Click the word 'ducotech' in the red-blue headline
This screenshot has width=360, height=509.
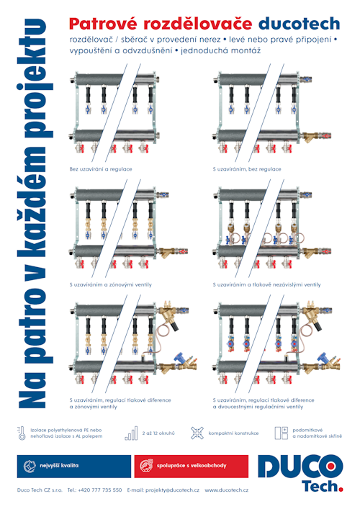[x=299, y=24]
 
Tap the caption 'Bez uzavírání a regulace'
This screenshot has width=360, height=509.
[x=101, y=169]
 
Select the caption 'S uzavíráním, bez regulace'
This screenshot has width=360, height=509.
[x=247, y=169]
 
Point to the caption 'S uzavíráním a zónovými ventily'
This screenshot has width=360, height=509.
[x=110, y=284]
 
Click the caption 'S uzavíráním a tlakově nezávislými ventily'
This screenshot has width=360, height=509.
[x=266, y=284]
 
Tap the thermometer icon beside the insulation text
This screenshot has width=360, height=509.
[x=22, y=433]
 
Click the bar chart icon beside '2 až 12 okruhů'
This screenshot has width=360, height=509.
[x=131, y=433]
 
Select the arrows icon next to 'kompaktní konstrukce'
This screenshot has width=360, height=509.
[x=197, y=433]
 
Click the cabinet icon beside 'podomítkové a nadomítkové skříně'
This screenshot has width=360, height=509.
[x=282, y=433]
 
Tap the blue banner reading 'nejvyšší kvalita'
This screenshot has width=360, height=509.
[x=74, y=466]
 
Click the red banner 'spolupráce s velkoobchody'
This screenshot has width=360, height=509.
[x=192, y=466]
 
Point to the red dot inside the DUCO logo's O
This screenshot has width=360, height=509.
[x=331, y=467]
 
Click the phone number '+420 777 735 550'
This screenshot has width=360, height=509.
[x=99, y=490]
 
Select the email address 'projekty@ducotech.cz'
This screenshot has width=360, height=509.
[x=172, y=490]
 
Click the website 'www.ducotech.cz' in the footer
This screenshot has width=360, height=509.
[x=227, y=490]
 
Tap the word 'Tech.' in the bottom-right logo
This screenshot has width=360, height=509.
[x=323, y=486]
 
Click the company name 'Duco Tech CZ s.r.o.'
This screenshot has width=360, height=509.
[x=40, y=490]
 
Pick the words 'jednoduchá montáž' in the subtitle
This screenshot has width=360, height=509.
[x=221, y=50]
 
